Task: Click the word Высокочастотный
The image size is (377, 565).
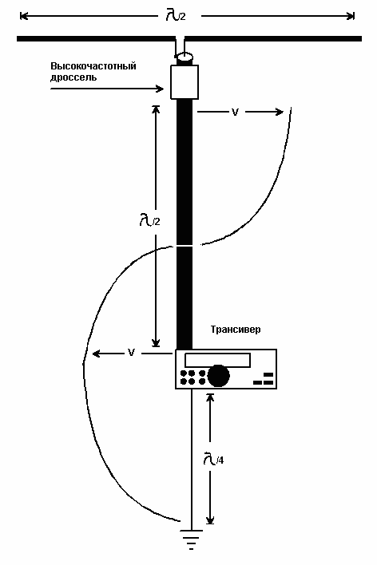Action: pyautogui.click(x=93, y=66)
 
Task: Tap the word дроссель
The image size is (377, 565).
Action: pyautogui.click(x=73, y=77)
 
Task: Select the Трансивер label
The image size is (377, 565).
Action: pyautogui.click(x=235, y=330)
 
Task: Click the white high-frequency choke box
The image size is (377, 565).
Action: pyautogui.click(x=185, y=81)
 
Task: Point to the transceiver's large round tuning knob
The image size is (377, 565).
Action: pyautogui.click(x=218, y=375)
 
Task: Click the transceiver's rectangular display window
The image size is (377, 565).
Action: pyautogui.click(x=217, y=361)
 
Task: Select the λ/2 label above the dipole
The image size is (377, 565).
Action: pyautogui.click(x=176, y=15)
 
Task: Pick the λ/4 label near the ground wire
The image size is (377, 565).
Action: pyautogui.click(x=213, y=458)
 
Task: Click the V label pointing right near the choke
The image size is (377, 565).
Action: pyautogui.click(x=235, y=113)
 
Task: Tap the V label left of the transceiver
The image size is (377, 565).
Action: pyautogui.click(x=131, y=353)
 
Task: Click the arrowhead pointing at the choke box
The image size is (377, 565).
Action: pyautogui.click(x=161, y=89)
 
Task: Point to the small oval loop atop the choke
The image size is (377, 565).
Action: pyautogui.click(x=185, y=57)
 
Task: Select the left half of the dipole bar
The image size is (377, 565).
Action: pyautogui.click(x=96, y=38)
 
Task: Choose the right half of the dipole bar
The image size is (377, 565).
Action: pyautogui.click(x=274, y=38)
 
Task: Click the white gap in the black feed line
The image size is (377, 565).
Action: pyautogui.click(x=185, y=245)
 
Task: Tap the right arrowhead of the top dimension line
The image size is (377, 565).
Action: pyautogui.click(x=351, y=15)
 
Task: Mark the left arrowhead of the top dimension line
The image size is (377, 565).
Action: pyautogui.click(x=24, y=15)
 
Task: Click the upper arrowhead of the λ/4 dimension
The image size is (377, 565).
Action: pyautogui.click(x=210, y=397)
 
